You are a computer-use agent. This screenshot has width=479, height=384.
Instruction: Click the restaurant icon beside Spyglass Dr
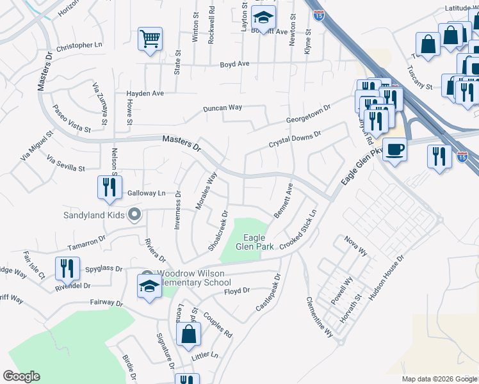67,269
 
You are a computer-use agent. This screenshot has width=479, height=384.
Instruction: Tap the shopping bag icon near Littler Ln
189,334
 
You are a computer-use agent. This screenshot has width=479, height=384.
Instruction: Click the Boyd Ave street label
234,64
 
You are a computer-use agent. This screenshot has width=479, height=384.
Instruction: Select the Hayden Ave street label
145,93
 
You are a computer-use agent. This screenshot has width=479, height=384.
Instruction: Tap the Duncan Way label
223,108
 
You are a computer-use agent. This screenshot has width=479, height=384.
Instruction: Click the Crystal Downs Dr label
294,138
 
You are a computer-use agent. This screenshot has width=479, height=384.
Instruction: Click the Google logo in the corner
21,376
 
